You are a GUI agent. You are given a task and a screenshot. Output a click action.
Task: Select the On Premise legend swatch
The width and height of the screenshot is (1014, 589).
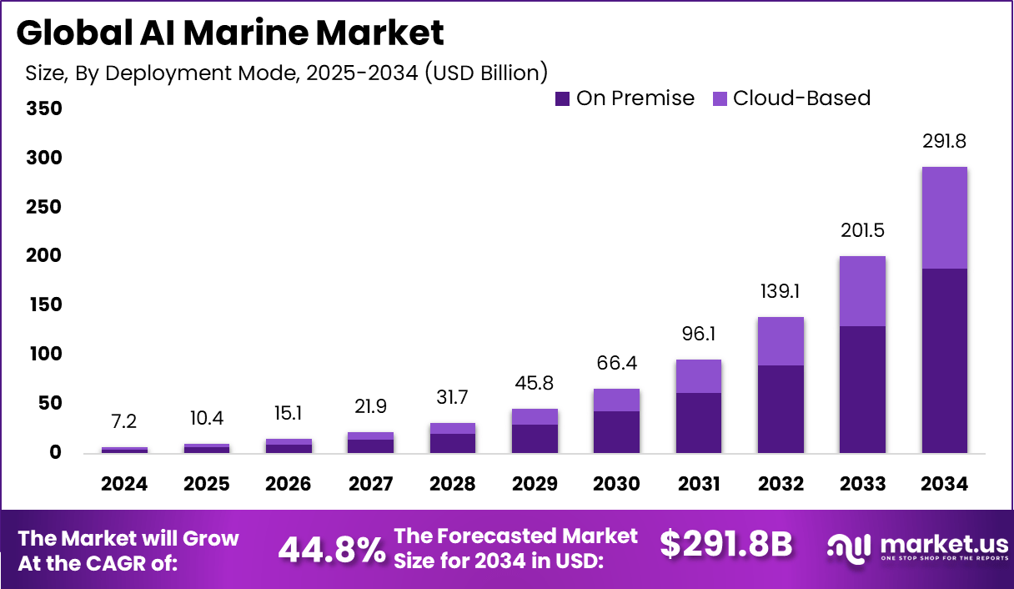click(x=562, y=98)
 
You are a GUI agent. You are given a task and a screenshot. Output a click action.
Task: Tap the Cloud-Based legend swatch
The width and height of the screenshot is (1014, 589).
click(x=720, y=98)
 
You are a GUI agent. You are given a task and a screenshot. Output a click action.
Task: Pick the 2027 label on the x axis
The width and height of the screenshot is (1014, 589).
click(x=370, y=485)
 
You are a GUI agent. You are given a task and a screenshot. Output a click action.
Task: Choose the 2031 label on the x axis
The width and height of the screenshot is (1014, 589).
click(x=698, y=485)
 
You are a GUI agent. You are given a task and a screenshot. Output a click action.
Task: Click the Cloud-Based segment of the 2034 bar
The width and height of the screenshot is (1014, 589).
click(x=944, y=217)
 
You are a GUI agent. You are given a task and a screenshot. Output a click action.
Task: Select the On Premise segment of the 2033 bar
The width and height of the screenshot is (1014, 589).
click(x=862, y=389)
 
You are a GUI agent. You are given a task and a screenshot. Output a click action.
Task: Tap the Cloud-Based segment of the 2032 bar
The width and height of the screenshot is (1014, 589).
click(x=781, y=340)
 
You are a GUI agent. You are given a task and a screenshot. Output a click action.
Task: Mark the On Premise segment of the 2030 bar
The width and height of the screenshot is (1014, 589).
click(x=616, y=431)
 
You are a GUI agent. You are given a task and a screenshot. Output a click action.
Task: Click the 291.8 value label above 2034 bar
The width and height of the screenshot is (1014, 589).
click(x=944, y=143)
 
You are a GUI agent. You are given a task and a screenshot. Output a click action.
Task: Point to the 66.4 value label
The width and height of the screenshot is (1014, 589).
click(x=616, y=365)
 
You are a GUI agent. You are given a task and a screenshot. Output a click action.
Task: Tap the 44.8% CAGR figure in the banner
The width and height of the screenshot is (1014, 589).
click(x=331, y=549)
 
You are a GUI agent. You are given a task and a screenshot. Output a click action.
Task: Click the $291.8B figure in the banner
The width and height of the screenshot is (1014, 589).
click(x=725, y=545)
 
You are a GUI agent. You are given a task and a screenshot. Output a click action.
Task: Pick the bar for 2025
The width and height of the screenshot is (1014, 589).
click(x=206, y=448)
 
